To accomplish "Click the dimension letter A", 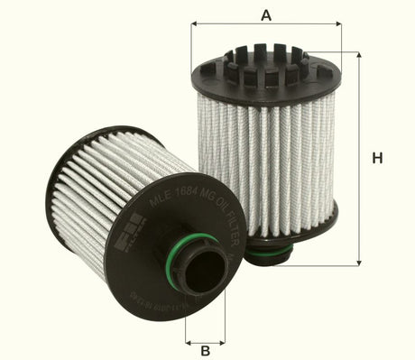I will (x=265, y=14).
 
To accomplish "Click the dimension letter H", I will (x=377, y=158).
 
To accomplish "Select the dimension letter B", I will (x=205, y=350).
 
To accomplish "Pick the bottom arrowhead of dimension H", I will (x=358, y=257).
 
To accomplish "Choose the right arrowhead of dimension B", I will (x=222, y=343).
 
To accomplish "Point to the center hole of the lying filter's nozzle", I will (x=207, y=270).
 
